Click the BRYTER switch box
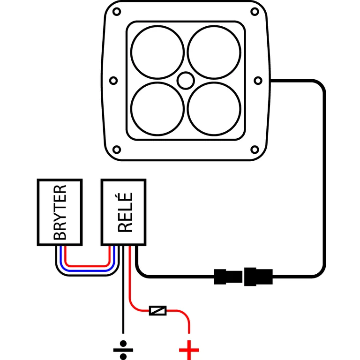click(x=60, y=212)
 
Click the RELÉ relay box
click(x=124, y=212)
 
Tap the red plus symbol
click(x=189, y=349)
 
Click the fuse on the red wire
click(x=157, y=310)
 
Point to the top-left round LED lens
click(x=157, y=52)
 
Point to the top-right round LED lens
click(x=214, y=52)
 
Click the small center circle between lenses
click(x=185, y=80)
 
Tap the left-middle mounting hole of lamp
click(x=113, y=80)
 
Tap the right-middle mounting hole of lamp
click(x=257, y=80)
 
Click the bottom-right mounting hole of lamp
click(x=255, y=150)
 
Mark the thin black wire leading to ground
click(x=123, y=300)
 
